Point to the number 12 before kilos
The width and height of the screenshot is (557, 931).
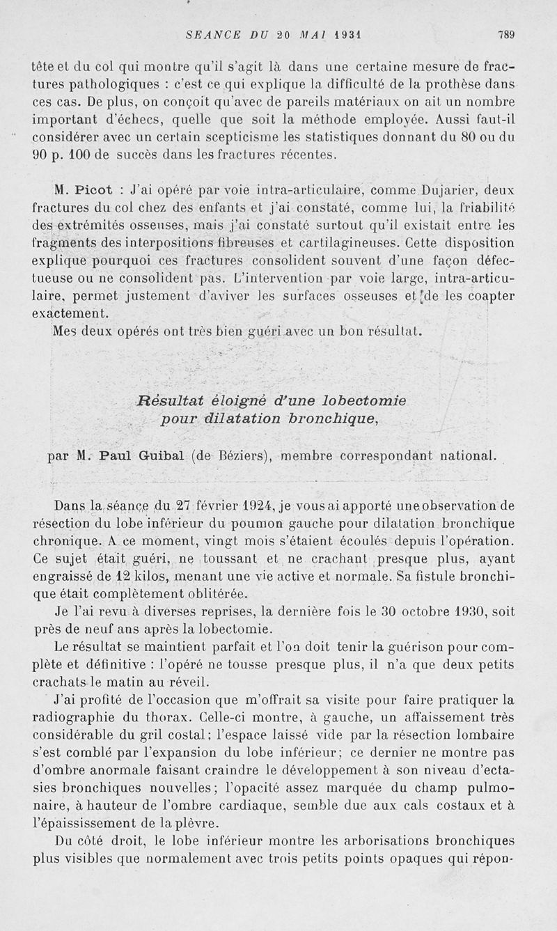pos(123,577)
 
